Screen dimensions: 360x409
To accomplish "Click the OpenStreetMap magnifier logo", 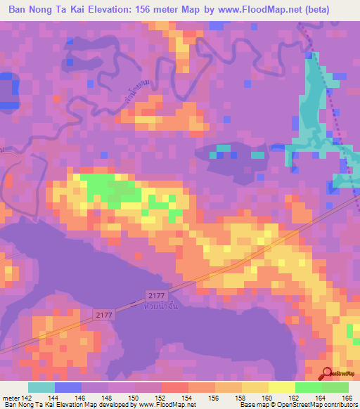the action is [x=328, y=375].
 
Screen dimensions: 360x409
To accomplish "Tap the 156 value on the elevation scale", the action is [x=215, y=397].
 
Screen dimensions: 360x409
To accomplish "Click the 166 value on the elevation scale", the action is [x=349, y=397].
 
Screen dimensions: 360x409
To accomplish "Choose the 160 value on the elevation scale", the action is [x=269, y=397].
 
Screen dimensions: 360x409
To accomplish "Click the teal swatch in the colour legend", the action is [x=41, y=387].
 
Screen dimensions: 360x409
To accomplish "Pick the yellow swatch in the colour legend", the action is [x=281, y=387].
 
